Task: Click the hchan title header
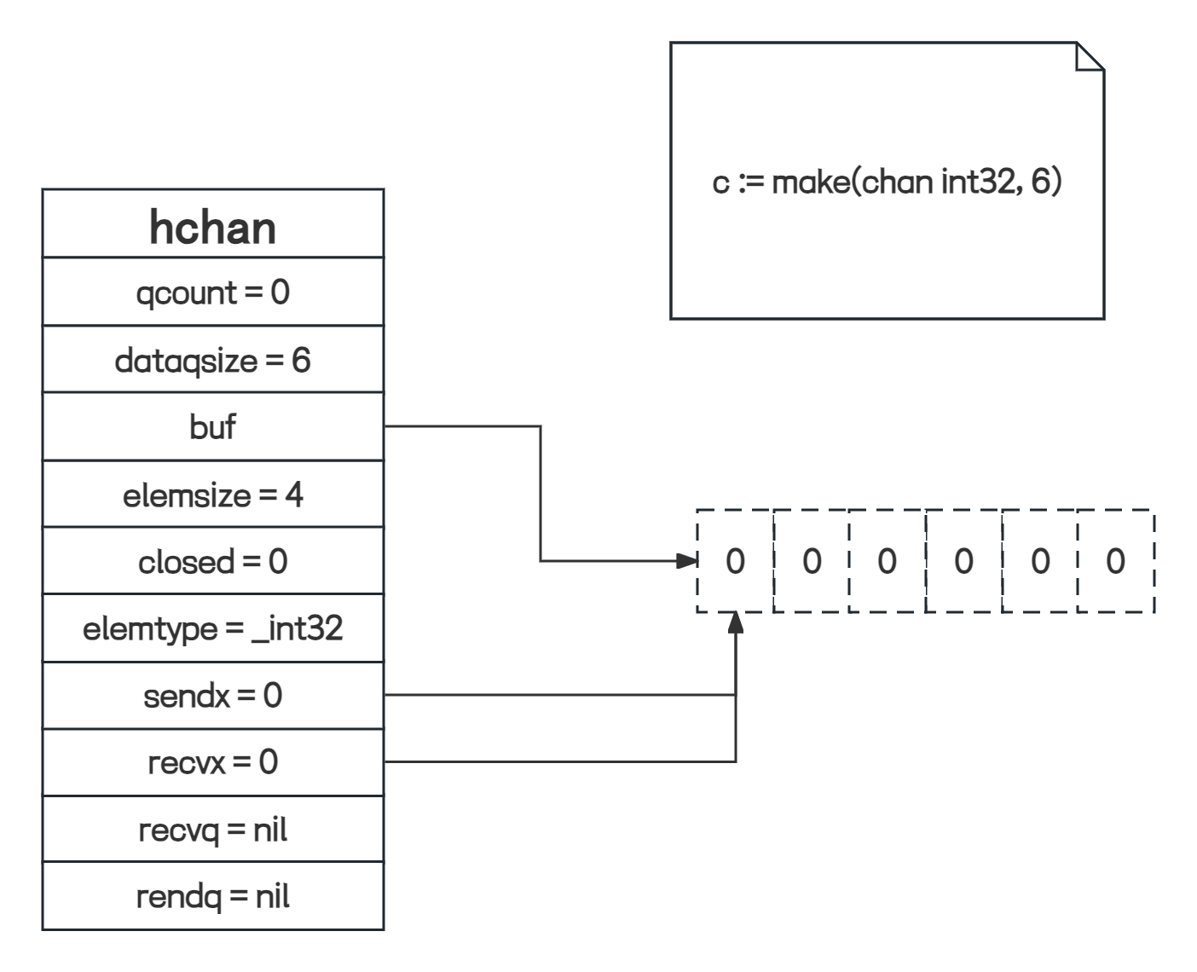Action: (213, 227)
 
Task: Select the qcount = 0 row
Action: (213, 292)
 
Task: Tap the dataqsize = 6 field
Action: (213, 360)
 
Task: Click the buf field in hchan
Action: (213, 426)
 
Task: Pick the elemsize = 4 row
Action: (213, 495)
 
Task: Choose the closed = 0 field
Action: (213, 561)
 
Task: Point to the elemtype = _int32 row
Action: (213, 628)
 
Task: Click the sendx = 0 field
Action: (213, 696)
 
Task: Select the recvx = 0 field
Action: (213, 761)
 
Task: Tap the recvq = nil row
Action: (213, 829)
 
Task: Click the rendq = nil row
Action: (213, 896)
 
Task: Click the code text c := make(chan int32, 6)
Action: (887, 182)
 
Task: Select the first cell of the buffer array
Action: (735, 561)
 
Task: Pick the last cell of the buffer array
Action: (1115, 561)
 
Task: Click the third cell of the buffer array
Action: (887, 561)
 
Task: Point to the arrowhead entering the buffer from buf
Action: (687, 561)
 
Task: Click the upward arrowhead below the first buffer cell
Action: (736, 622)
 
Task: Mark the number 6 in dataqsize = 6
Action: (301, 360)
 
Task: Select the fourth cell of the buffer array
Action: (963, 561)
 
